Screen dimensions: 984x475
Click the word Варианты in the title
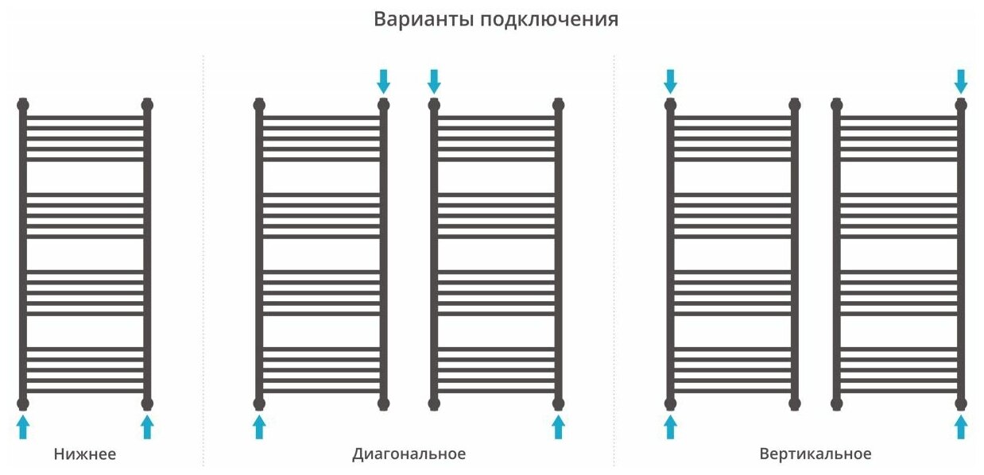pyautogui.click(x=424, y=19)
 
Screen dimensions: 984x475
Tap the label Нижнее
pyautogui.click(x=85, y=454)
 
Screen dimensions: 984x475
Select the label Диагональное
pyautogui.click(x=409, y=454)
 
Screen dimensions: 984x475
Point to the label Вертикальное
pyautogui.click(x=815, y=454)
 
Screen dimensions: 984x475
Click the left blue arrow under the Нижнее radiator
pyautogui.click(x=23, y=427)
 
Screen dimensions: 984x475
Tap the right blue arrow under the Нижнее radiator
pyautogui.click(x=147, y=427)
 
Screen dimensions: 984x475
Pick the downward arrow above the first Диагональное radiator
pyautogui.click(x=384, y=80)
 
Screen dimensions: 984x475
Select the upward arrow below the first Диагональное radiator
pyautogui.click(x=259, y=427)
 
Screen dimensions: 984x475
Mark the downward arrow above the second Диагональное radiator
pyautogui.click(x=434, y=80)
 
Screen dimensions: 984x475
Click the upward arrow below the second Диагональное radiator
pyautogui.click(x=558, y=427)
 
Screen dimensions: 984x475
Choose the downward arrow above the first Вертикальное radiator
pyautogui.click(x=670, y=80)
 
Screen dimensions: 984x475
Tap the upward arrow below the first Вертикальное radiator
pyautogui.click(x=670, y=427)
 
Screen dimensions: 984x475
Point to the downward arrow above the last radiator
pyautogui.click(x=961, y=80)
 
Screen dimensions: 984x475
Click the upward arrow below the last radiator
pyautogui.click(x=961, y=427)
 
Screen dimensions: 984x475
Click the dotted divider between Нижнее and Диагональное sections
pyautogui.click(x=203, y=262)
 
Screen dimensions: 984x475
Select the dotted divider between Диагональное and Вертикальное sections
pyautogui.click(x=614, y=262)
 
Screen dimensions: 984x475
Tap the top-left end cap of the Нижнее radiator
pyautogui.click(x=23, y=104)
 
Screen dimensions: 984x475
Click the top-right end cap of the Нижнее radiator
pyautogui.click(x=147, y=104)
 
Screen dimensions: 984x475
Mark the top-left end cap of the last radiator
pyautogui.click(x=836, y=104)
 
